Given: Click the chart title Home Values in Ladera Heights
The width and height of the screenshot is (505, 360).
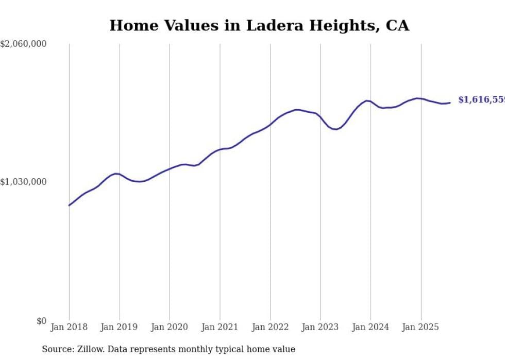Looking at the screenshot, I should click(x=259, y=26).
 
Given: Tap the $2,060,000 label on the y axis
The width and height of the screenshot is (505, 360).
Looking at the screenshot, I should click(x=23, y=44).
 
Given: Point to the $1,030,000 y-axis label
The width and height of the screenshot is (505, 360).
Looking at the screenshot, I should click(x=23, y=182).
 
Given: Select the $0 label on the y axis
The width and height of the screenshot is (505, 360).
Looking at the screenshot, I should click(x=41, y=321).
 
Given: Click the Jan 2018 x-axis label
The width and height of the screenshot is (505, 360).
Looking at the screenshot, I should click(x=69, y=327).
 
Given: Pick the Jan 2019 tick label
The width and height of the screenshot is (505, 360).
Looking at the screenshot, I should click(x=120, y=327).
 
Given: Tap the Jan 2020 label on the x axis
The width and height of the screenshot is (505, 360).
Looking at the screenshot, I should click(x=170, y=327).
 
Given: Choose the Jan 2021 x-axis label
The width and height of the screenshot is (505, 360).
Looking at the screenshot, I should click(x=220, y=327).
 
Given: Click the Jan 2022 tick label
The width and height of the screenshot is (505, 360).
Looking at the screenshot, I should click(x=270, y=327).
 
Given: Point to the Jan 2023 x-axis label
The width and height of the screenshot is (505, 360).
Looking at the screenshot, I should click(x=321, y=327).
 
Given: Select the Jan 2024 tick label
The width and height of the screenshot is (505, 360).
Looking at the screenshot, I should click(x=371, y=327).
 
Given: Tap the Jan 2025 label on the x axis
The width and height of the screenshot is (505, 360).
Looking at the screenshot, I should click(x=421, y=327).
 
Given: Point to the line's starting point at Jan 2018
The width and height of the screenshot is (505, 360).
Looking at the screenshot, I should click(x=70, y=205).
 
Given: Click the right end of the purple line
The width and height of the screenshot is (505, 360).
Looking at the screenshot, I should click(x=450, y=102).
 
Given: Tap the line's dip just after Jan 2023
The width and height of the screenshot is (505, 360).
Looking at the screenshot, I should click(x=336, y=129).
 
